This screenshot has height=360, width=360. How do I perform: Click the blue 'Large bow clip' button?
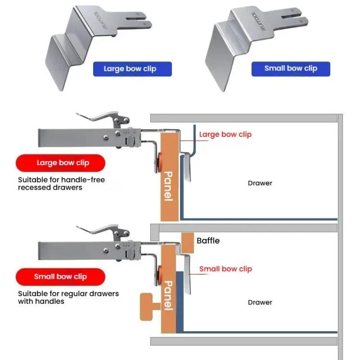click(x=132, y=69)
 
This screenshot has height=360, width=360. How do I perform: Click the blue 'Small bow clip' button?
click(x=291, y=69)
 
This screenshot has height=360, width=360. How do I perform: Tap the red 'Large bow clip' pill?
click(x=60, y=163)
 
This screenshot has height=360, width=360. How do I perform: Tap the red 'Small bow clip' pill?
click(x=60, y=276)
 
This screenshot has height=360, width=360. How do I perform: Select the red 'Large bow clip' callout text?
click(x=225, y=134)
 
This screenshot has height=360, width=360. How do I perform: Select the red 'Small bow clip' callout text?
click(x=226, y=269)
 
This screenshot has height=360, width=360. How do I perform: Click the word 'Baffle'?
click(x=208, y=240)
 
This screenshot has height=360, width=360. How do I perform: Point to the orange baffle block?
click(x=188, y=243)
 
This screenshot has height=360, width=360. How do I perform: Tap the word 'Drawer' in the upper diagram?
click(x=260, y=183)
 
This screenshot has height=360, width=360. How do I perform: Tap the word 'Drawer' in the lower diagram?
click(x=260, y=302)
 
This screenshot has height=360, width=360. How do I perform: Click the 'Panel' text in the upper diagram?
click(x=168, y=186)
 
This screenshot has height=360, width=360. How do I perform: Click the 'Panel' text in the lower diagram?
click(x=168, y=296)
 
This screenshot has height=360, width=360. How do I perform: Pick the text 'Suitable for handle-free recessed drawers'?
click(x=61, y=183)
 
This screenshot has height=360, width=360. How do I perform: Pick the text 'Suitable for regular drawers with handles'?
click(x=68, y=297)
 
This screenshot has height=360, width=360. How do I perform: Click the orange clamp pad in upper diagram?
click(x=159, y=162)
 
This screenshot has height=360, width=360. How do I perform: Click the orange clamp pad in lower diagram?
click(x=159, y=275)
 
